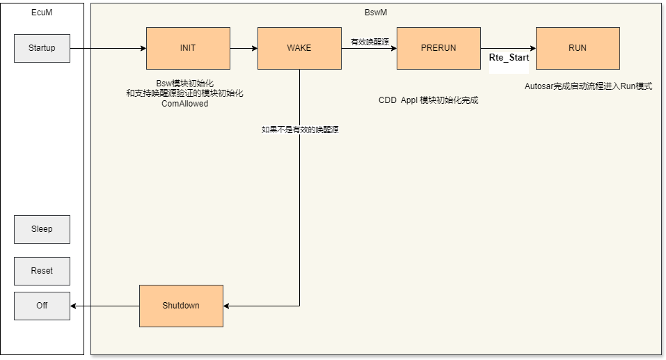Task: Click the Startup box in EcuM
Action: pos(42,48)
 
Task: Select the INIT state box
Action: pos(188,48)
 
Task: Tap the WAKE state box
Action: pos(299,48)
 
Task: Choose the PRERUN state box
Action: pos(438,48)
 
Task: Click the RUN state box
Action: pos(578,48)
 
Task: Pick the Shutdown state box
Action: pos(181,306)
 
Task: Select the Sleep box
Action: pos(42,229)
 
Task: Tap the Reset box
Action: pos(42,271)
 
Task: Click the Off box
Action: pos(42,306)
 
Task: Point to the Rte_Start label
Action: pos(509,58)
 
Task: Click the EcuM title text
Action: pos(42,13)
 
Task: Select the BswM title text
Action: pos(376,13)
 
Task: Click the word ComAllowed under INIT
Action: pos(184,104)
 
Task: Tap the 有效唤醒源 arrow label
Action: pos(370,42)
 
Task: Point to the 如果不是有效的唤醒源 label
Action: pos(300,130)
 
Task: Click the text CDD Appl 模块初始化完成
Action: pos(428,100)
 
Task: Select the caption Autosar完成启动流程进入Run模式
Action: pos(588,87)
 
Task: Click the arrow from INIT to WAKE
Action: pos(244,49)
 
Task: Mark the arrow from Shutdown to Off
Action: pos(104,306)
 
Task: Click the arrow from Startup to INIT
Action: pos(108,49)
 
